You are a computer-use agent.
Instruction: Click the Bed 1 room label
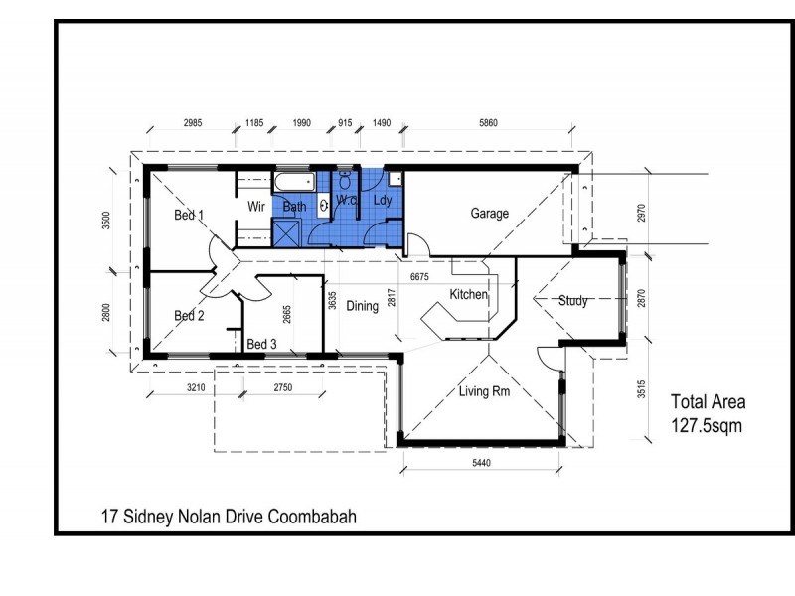coord(189,215)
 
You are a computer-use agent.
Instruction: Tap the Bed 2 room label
coord(189,316)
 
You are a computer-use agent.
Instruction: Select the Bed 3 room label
coord(261,344)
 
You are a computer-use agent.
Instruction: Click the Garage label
coord(489,214)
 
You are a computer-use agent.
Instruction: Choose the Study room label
coord(574,300)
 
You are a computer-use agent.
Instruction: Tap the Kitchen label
coord(468,295)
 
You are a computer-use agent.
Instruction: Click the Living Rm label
coord(484,391)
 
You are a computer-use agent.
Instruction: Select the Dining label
coord(362,307)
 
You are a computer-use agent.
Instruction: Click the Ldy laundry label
coord(383,200)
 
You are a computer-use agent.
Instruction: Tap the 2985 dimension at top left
coord(195,124)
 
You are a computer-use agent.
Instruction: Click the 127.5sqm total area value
coord(707,423)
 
